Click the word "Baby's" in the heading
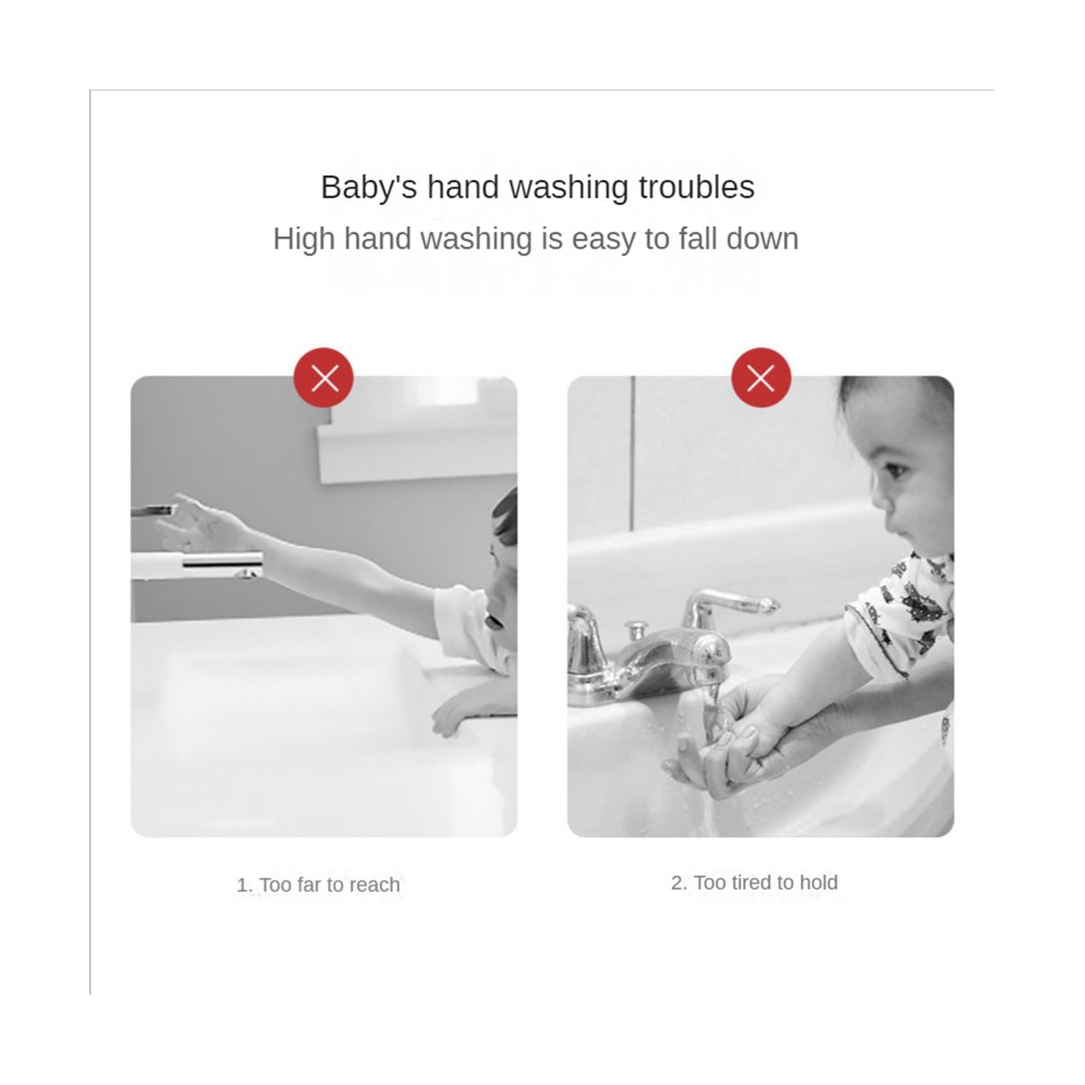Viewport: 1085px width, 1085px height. (369, 187)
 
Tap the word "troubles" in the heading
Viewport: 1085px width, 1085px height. (696, 187)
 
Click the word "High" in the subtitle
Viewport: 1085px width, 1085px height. (305, 239)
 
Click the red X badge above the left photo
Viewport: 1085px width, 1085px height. (324, 377)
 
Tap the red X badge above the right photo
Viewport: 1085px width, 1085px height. (761, 377)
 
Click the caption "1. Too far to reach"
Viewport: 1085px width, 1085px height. (318, 884)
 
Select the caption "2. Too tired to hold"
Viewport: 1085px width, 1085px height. (754, 882)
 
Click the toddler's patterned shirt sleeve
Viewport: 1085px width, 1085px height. (901, 614)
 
